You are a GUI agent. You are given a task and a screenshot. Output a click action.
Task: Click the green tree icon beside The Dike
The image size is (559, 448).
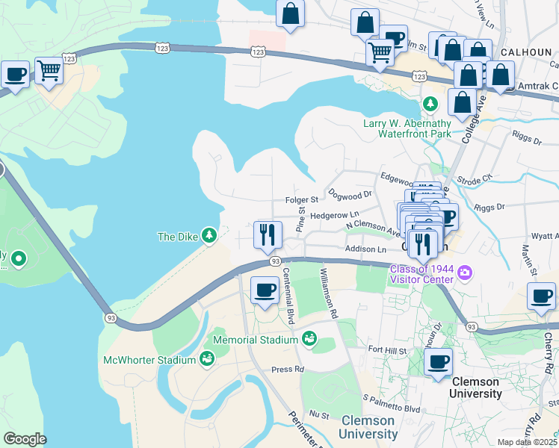(210, 236)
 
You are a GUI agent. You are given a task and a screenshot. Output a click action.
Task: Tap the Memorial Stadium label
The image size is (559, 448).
(256, 340)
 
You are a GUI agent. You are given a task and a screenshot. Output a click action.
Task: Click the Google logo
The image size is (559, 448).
(25, 438)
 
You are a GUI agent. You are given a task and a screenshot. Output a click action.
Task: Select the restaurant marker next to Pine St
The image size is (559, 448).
(267, 234)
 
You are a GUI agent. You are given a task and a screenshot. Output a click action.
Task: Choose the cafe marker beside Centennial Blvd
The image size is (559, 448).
(264, 290)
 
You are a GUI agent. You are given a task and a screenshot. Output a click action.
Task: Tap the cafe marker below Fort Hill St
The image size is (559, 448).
(439, 362)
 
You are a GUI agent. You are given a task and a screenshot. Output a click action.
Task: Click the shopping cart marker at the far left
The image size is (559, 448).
(49, 71)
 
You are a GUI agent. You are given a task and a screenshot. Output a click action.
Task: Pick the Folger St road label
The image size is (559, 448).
(302, 199)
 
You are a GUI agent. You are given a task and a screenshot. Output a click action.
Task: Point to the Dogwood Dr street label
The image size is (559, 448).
(350, 194)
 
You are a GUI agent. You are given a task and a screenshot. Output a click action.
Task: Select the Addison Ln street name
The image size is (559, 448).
(365, 249)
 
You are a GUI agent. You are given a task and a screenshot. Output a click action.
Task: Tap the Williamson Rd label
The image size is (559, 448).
(329, 293)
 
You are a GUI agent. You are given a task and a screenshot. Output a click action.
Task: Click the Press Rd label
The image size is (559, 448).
(288, 369)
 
